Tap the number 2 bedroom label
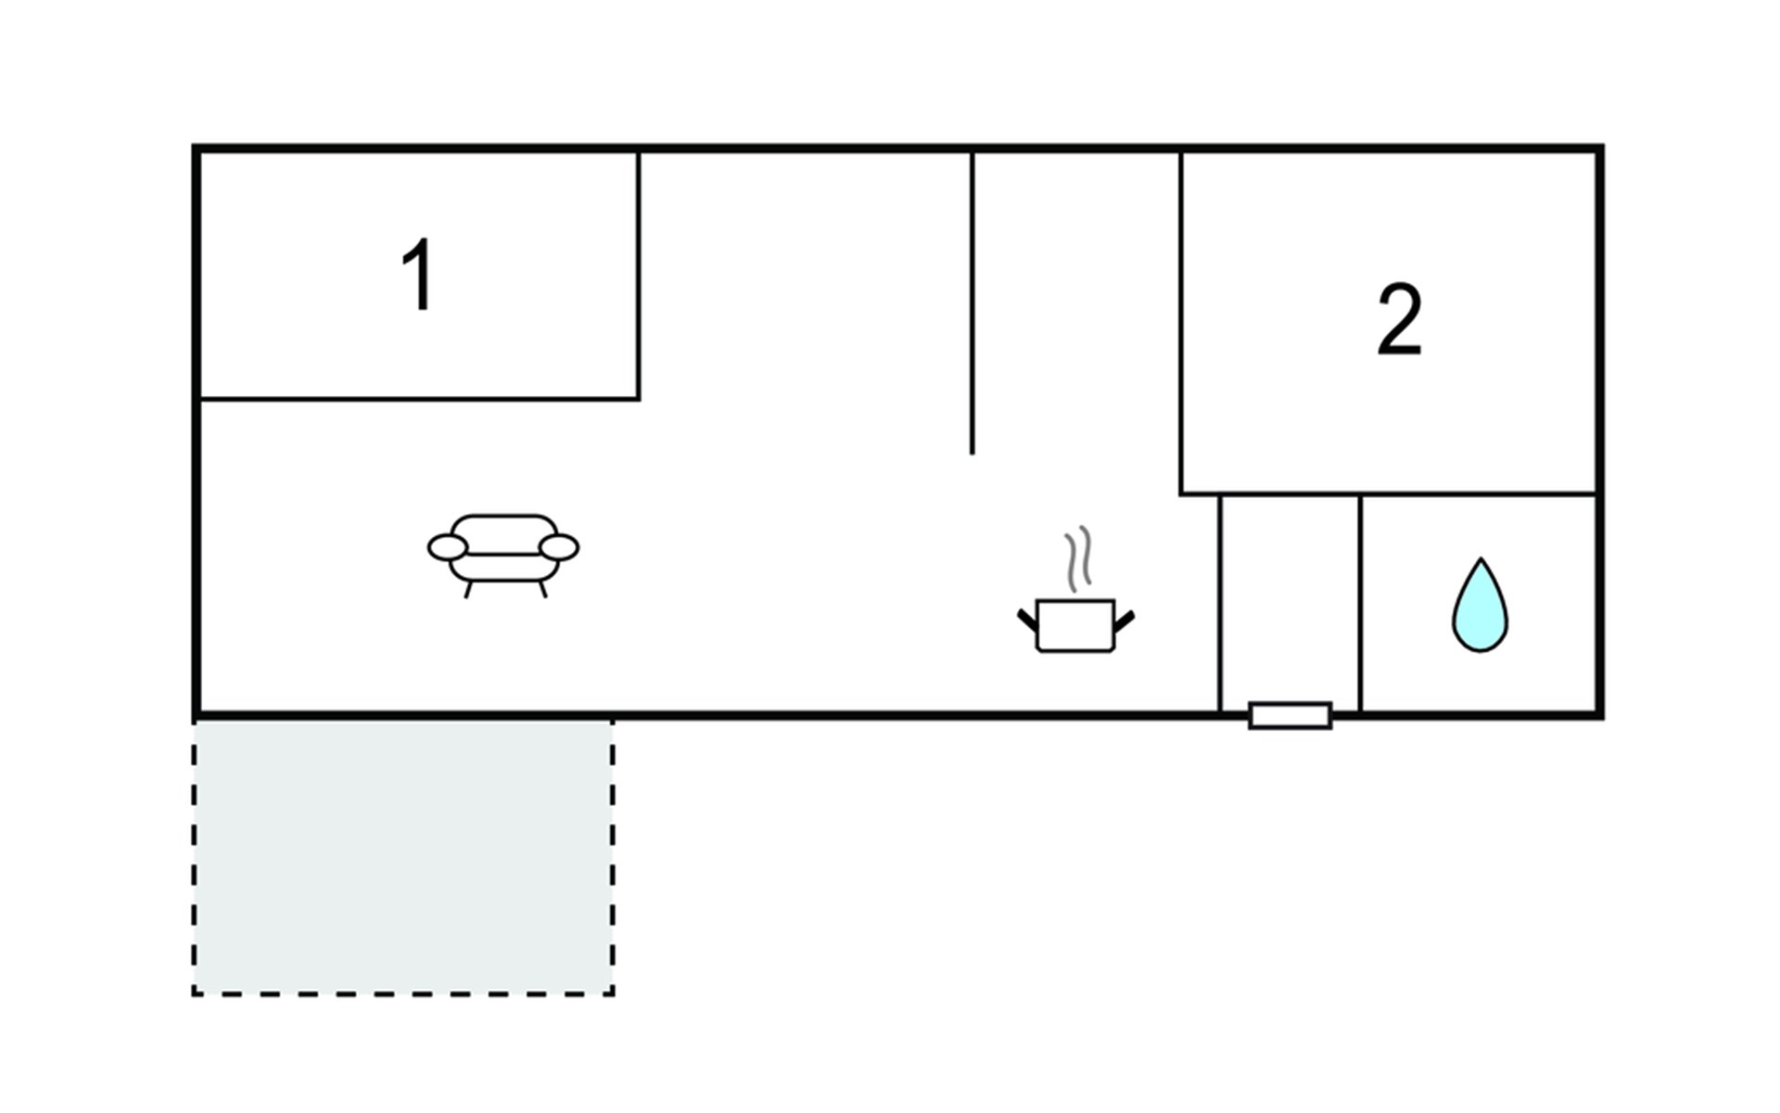(1399, 319)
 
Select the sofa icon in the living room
(503, 553)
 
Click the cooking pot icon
(1075, 625)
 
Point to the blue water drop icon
(1480, 607)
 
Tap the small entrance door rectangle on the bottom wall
(1290, 715)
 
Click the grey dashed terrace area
(403, 857)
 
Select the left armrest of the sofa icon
(447, 547)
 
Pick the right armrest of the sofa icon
(559, 547)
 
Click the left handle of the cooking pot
(1027, 620)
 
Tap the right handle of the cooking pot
(1124, 620)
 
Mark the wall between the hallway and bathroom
(1360, 603)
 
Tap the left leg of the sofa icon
(468, 589)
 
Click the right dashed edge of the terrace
(612, 857)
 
